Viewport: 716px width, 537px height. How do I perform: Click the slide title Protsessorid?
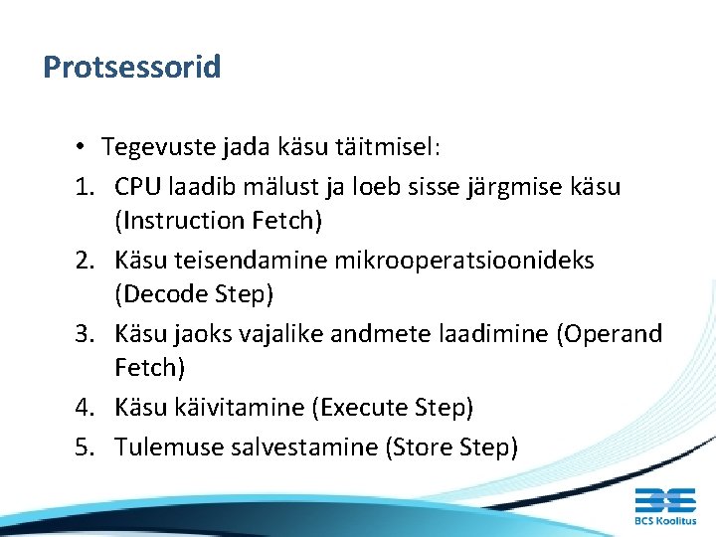131,68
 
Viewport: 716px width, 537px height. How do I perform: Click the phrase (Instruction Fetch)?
218,220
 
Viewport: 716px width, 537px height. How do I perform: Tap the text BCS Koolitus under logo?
665,520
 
